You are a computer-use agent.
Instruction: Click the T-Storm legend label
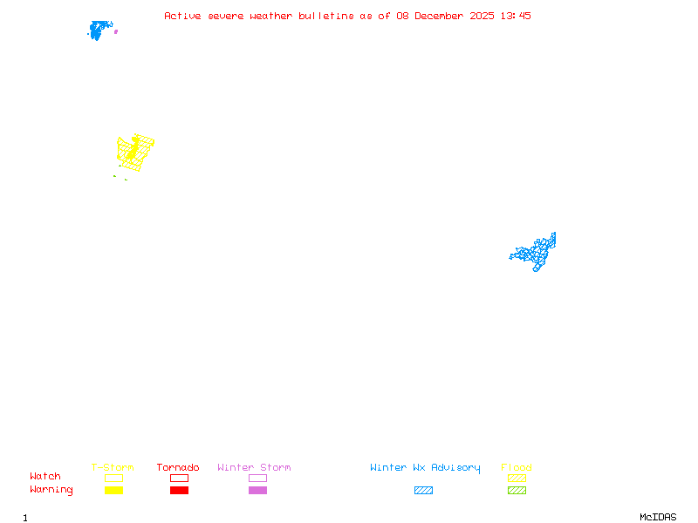113,468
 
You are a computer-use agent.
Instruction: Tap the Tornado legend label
178,468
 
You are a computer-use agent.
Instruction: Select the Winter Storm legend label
254,468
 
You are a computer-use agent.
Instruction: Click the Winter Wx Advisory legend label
425,468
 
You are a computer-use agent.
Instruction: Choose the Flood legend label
516,468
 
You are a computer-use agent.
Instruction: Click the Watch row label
45,477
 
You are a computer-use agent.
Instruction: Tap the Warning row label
51,490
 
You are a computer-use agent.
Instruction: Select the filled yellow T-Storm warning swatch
113,491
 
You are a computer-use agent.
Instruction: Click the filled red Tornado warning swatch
179,491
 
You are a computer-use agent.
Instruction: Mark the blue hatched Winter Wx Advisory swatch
423,491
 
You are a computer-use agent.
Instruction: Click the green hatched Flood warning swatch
517,491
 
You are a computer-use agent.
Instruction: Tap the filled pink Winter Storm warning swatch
257,491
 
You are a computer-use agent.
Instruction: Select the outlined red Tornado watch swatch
179,478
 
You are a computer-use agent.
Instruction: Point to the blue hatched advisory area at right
535,253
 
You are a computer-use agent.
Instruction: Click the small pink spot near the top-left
116,31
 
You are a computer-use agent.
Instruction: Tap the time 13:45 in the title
517,16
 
